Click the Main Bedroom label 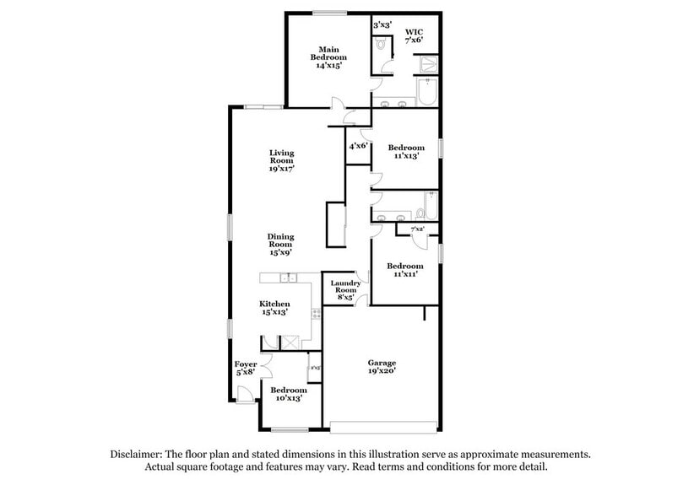coord(329,57)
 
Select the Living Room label coord(281,160)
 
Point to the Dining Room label coord(281,244)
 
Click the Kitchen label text coord(274,304)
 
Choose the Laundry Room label coord(345,289)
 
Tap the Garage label coord(382,365)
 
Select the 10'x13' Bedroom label coord(288,395)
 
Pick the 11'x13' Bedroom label coord(408,151)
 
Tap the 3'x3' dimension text coord(382,24)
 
